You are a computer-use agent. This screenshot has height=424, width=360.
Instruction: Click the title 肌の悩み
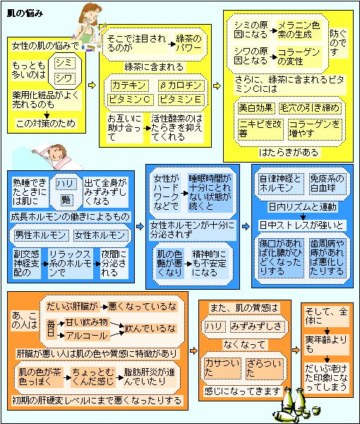click(25, 13)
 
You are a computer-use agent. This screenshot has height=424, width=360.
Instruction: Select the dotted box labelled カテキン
click(129, 86)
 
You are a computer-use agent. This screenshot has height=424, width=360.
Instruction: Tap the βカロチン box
click(181, 86)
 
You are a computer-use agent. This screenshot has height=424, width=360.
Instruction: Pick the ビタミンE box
click(181, 100)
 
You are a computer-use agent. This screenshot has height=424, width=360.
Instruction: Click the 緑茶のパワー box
click(188, 43)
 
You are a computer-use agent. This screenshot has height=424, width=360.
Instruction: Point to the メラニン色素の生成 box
click(299, 30)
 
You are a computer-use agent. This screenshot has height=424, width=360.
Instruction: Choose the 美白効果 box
click(256, 108)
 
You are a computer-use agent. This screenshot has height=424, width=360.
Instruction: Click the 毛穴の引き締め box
click(310, 108)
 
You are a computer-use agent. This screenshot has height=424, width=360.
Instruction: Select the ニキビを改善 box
click(260, 129)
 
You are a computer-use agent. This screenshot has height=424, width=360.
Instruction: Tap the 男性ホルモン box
click(41, 235)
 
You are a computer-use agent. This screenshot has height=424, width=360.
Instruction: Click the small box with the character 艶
click(66, 200)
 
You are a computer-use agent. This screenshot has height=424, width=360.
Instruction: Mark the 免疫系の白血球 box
click(328, 184)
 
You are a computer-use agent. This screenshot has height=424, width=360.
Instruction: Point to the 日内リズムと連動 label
click(303, 207)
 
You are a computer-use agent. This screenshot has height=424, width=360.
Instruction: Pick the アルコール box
click(87, 336)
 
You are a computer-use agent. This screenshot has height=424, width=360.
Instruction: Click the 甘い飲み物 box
click(87, 323)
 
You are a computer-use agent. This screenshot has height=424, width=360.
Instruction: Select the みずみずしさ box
click(256, 326)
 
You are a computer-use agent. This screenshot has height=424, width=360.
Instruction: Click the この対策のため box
click(46, 124)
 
